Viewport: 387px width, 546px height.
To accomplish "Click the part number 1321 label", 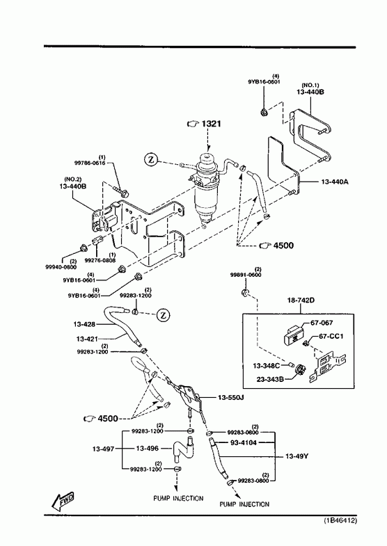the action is click(211, 124).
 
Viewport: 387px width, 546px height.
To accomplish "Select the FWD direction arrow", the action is click(63, 500).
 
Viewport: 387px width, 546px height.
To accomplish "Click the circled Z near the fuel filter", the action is click(150, 160).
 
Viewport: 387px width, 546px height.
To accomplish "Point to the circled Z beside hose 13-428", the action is click(163, 316).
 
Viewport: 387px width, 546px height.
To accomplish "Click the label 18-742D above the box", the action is click(301, 300).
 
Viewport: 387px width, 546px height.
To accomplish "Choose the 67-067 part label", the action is click(322, 323).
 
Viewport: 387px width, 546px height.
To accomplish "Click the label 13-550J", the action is click(230, 397).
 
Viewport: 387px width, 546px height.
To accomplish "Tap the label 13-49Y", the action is click(297, 456).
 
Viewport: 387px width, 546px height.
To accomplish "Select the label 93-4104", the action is click(244, 443).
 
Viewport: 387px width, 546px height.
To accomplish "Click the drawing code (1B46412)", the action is click(340, 520).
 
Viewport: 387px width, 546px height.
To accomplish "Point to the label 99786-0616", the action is click(90, 163).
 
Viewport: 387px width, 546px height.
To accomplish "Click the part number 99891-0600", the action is click(246, 275).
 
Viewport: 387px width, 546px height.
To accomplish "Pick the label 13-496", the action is click(147, 449).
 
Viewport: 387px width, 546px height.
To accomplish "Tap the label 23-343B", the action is click(270, 379).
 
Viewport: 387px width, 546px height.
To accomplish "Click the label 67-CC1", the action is click(331, 337).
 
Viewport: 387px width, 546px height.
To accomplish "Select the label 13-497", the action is click(103, 449).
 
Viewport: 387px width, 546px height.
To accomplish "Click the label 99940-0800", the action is click(61, 267).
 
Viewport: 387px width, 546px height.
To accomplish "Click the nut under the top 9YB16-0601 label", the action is click(264, 112).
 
